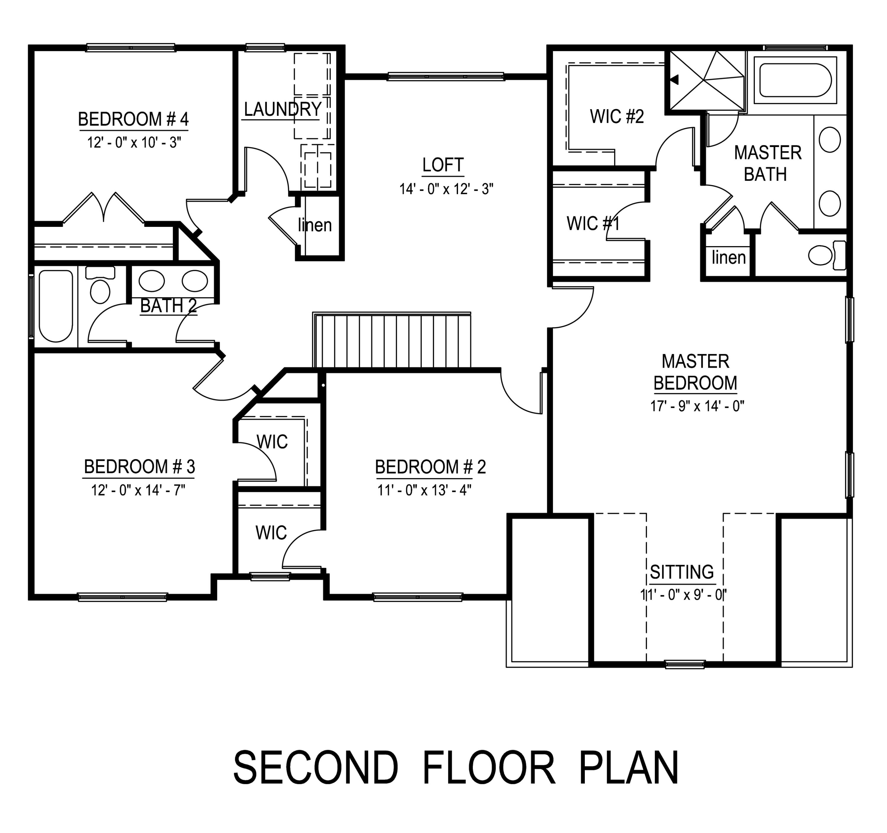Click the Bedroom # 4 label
pos(133,119)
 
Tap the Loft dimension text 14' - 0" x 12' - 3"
pos(446,189)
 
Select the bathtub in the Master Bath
pos(795,81)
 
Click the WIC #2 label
pos(617,117)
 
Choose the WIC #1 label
pos(593,223)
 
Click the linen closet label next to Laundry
pos(315,225)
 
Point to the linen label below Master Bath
pos(728,258)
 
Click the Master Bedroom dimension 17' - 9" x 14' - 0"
pos(697,406)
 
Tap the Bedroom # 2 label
pos(430,467)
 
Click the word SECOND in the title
pos(315,768)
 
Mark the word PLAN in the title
pos(629,768)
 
